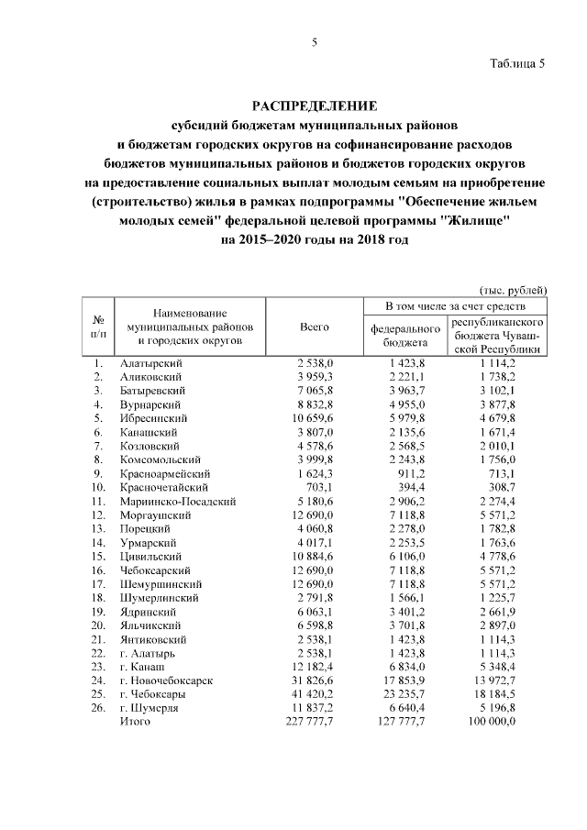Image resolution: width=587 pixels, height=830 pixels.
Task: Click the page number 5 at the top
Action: (x=315, y=41)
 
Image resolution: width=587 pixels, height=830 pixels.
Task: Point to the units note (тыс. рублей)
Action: (x=514, y=289)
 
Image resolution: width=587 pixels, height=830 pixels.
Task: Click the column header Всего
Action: (x=315, y=327)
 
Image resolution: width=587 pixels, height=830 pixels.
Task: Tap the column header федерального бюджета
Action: (x=405, y=334)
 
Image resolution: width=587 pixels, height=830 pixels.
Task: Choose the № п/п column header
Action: (x=98, y=327)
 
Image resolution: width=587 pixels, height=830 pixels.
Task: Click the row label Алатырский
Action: (x=151, y=364)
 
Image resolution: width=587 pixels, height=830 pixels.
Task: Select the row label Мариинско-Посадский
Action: (x=179, y=502)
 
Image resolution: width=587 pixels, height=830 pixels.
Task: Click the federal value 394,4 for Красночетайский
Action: (x=408, y=488)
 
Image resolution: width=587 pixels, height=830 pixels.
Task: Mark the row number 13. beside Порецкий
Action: (x=98, y=529)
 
